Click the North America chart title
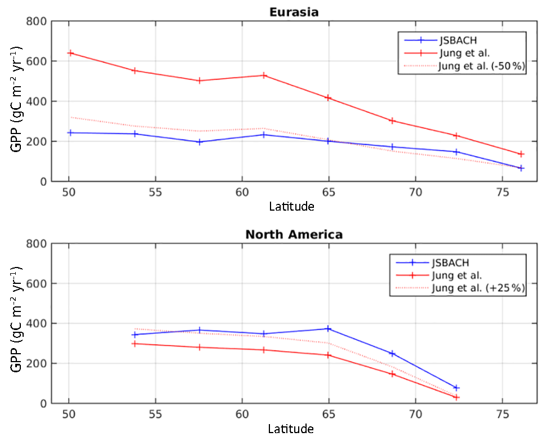(294, 234)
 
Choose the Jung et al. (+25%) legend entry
(478, 288)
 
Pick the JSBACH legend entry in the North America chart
(451, 262)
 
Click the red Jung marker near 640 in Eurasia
(71, 53)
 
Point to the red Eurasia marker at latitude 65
(329, 98)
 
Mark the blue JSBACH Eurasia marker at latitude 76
(521, 168)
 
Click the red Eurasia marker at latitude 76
(521, 154)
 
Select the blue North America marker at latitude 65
(329, 328)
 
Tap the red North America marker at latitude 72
(457, 397)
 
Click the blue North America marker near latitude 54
(135, 335)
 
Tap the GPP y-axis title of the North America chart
(16, 323)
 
